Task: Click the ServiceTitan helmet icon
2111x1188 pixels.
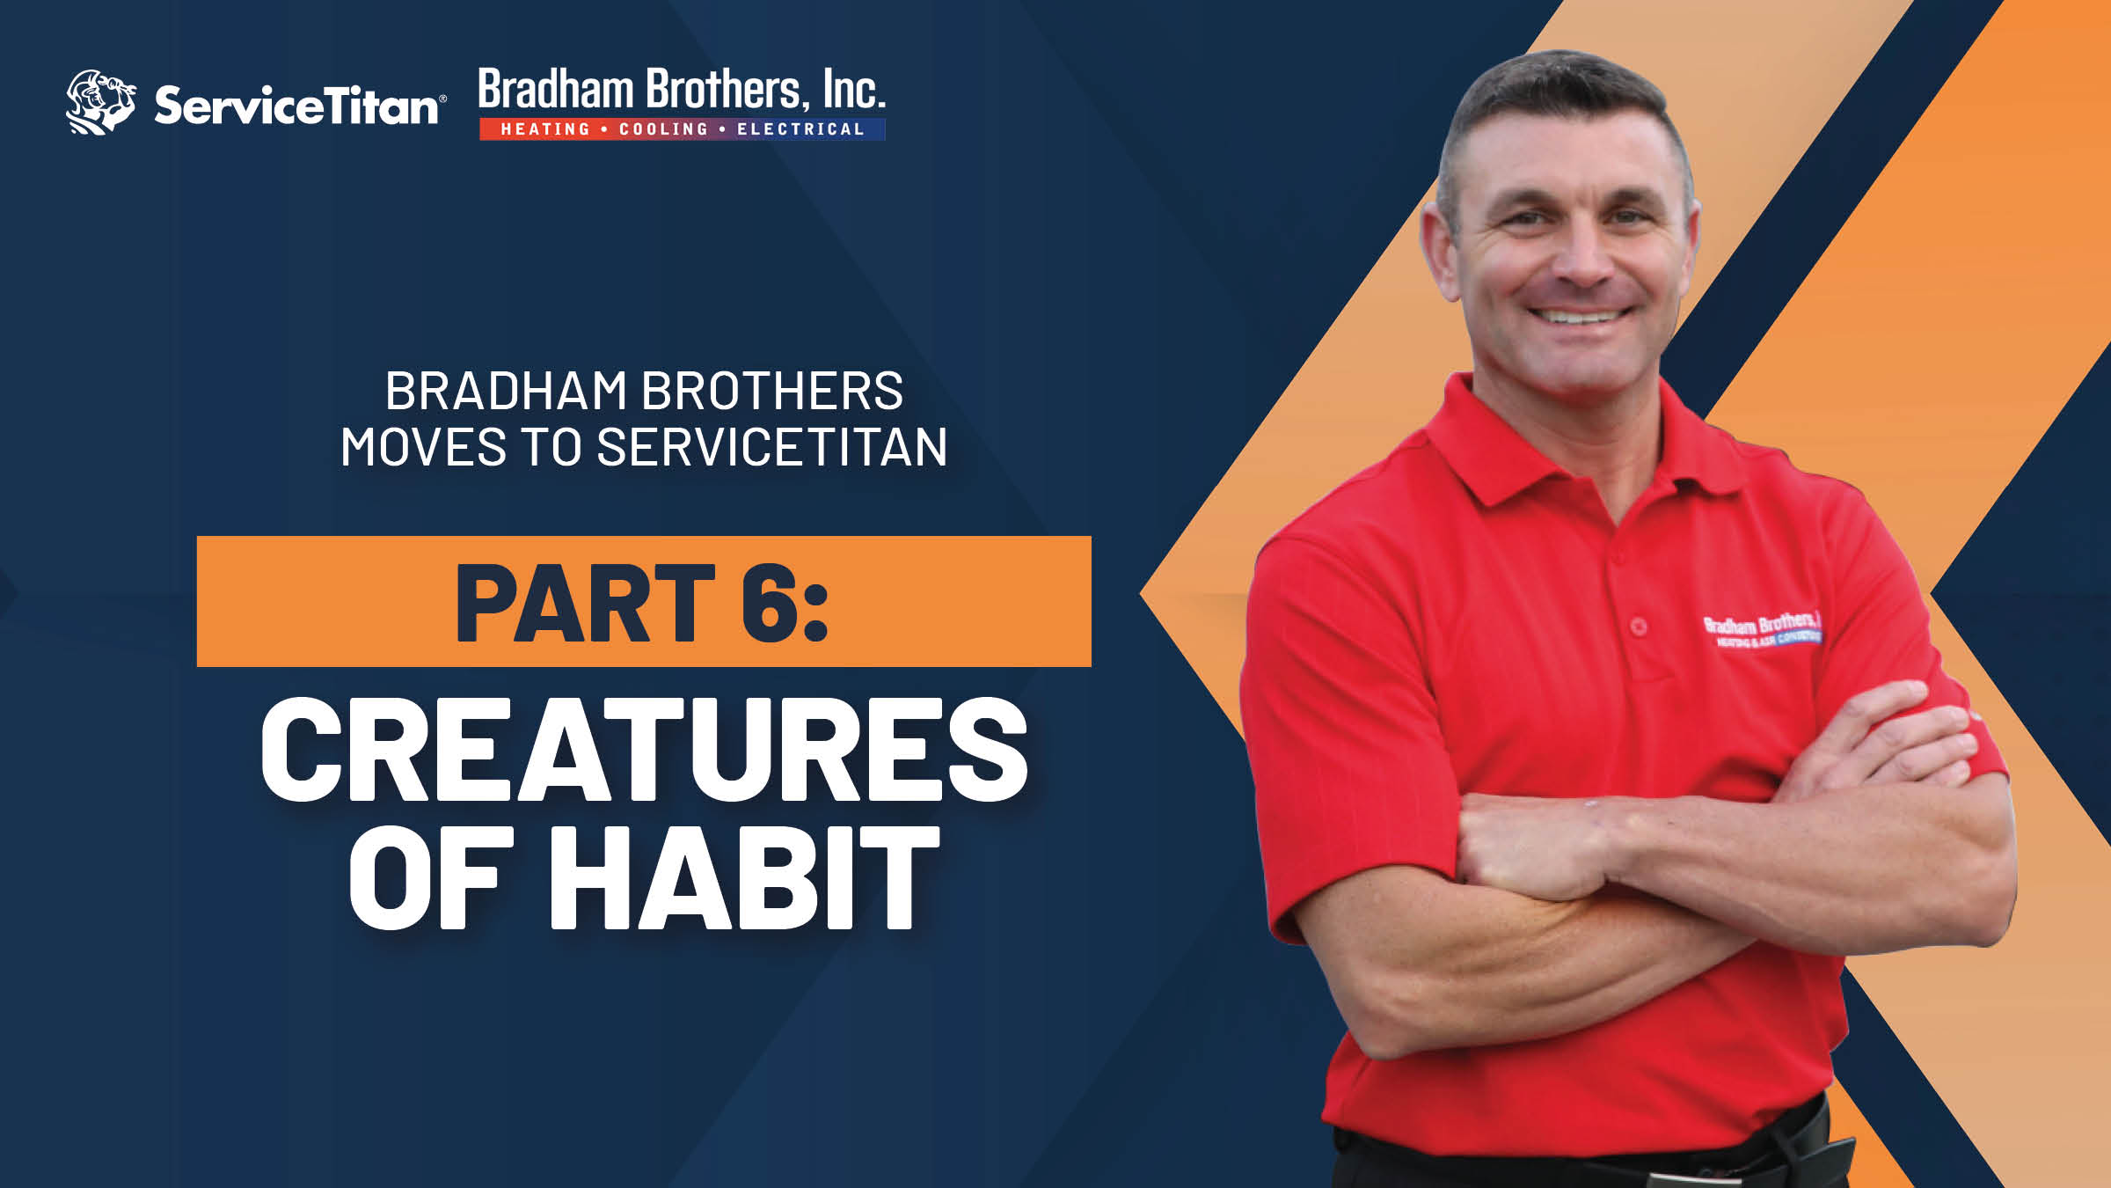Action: (x=100, y=102)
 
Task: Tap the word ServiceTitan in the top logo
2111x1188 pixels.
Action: (x=296, y=106)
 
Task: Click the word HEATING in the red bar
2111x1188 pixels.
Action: (x=545, y=129)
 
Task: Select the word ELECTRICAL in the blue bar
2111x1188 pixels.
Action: (x=800, y=129)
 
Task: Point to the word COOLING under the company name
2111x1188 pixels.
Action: (x=663, y=129)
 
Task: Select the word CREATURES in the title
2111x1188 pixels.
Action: (x=644, y=750)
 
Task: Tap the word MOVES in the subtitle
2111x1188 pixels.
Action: (x=422, y=447)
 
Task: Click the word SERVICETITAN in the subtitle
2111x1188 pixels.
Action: (x=771, y=447)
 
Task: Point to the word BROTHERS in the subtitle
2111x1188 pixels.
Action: (x=771, y=391)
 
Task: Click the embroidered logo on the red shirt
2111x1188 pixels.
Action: (x=1761, y=630)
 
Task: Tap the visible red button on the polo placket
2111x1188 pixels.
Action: (x=1638, y=627)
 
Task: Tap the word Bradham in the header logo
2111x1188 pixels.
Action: (x=556, y=91)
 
